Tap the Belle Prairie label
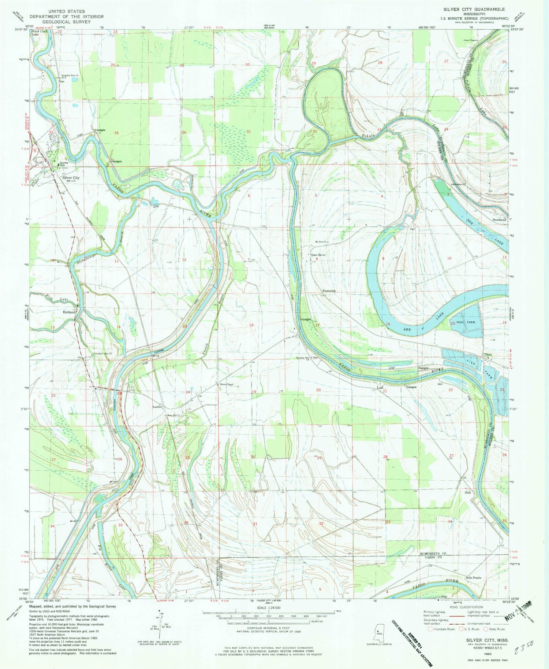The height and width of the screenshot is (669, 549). (x=474, y=578)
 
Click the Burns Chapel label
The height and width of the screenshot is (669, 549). (x=227, y=384)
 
